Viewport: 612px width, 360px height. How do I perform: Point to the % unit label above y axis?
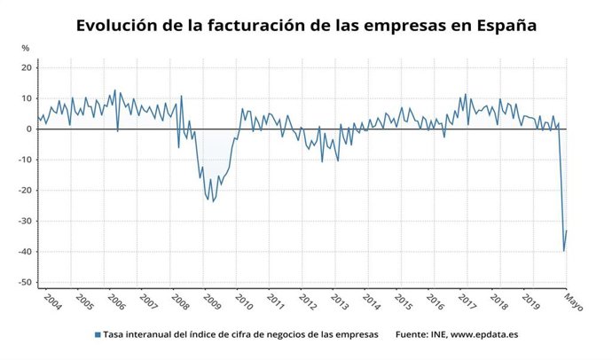coord(26,48)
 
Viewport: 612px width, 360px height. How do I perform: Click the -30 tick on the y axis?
coord(26,221)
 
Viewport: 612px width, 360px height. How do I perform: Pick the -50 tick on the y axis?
coord(26,282)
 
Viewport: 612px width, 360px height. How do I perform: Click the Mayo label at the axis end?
coord(573,303)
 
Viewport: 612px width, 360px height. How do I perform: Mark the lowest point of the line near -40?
coord(564,251)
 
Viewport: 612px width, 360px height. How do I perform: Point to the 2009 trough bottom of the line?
coord(213,201)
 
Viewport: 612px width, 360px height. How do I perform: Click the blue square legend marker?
coord(97,334)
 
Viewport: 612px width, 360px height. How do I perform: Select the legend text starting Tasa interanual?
coord(240,334)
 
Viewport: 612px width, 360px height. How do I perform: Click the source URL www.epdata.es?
coord(483,334)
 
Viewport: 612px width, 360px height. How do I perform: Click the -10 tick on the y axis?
coord(26,160)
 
